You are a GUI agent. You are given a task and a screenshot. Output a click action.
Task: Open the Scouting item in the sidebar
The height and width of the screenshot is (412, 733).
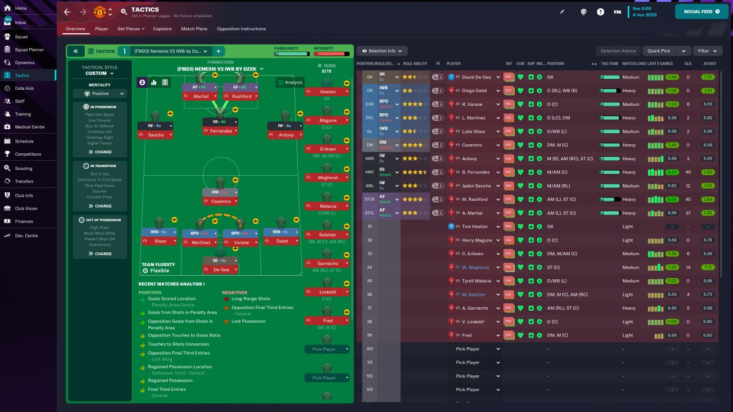pos(23,168)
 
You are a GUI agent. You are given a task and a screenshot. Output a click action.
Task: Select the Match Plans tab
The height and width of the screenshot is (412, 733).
pos(194,29)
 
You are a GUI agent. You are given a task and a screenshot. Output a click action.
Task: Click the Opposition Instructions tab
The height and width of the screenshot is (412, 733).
pos(241,29)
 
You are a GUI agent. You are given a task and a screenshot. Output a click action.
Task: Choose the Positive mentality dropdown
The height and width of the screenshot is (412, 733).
pos(100,93)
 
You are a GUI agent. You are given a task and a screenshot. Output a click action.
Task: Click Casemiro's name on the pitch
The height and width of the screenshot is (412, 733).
pos(221,201)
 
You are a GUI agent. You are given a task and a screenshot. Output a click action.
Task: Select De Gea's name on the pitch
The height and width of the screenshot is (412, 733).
pos(221,270)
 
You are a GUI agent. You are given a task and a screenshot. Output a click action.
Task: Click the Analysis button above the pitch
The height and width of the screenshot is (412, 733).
pos(290,82)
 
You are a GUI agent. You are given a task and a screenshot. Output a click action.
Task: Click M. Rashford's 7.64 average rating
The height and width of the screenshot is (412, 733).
pos(708,200)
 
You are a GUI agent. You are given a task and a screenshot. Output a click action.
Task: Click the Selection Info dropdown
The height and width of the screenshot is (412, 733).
pos(382,51)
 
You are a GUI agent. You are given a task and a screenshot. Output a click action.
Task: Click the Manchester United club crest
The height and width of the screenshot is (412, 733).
pos(100,11)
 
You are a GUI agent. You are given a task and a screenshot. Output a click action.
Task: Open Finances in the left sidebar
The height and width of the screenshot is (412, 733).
pos(23,221)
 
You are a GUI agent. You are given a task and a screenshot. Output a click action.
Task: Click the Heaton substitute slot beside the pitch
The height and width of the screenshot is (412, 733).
pos(328,92)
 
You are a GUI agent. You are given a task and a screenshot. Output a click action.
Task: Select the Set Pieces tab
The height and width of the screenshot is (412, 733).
pos(131,29)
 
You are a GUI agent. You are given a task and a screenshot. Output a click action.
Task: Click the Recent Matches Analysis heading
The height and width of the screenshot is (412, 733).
pos(172,284)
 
